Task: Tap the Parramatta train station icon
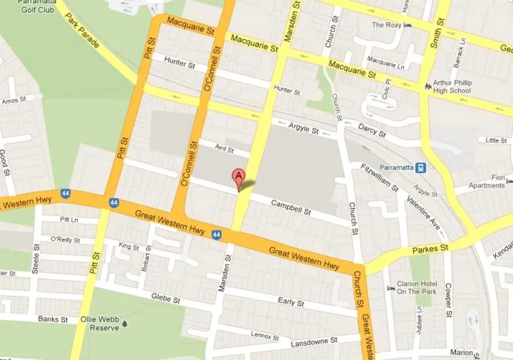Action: (421, 167)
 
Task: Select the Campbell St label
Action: (290, 207)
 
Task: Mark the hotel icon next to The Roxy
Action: (407, 25)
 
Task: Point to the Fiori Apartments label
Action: (487, 181)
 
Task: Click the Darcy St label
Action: (372, 131)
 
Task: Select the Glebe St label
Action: (166, 298)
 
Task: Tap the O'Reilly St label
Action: (63, 239)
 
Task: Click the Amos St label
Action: (14, 101)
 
